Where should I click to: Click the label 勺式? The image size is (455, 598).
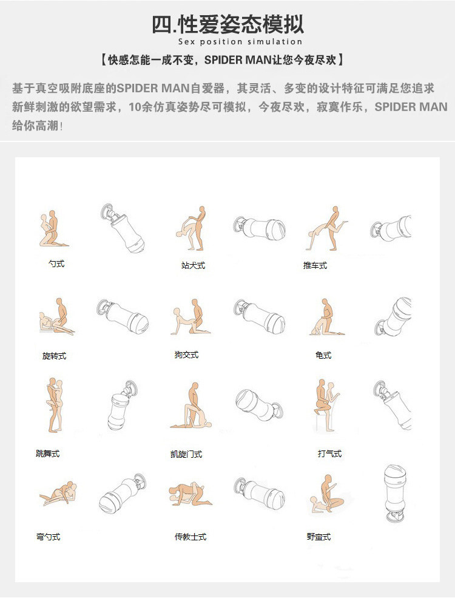pos(56,263)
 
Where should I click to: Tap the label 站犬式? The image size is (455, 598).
pos(193,265)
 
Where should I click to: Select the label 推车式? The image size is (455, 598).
pos(315,265)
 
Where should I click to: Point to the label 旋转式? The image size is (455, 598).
pos(54,356)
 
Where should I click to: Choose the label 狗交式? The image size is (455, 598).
pos(186,355)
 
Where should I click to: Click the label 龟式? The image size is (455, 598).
pos(323,355)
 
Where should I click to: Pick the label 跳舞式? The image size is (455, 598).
pos(48,454)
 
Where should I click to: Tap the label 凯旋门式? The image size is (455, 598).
pos(186,454)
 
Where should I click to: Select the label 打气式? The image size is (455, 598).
pos(329,454)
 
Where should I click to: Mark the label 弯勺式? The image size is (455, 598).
pos(48,537)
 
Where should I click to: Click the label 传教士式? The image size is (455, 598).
pos(190,537)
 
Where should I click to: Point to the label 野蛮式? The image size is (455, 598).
pos(318,537)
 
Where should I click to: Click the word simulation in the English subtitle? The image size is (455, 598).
pos(275,41)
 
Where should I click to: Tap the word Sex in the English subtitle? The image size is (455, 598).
pos(186,41)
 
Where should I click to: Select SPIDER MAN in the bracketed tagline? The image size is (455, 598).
pos(237,60)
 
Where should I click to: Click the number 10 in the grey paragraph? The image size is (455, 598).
pos(135,107)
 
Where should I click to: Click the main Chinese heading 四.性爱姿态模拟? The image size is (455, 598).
pos(228,24)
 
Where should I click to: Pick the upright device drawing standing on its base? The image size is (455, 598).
pos(395,494)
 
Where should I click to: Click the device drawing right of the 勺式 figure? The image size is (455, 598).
pos(123,228)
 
